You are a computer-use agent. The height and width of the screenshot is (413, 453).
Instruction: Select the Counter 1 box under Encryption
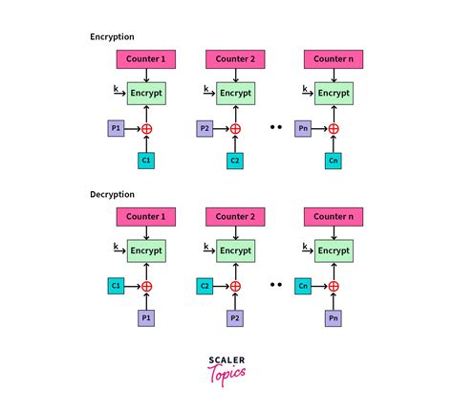pos(146,59)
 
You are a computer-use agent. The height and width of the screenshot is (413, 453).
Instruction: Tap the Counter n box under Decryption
pos(333,217)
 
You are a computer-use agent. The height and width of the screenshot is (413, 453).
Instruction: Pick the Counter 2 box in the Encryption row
pos(234,59)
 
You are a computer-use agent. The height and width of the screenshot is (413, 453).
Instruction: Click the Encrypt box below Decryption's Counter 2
pos(234,250)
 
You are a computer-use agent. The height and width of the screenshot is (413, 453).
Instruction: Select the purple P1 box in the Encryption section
pos(115,127)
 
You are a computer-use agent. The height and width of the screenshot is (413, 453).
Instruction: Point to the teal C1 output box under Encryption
pos(146,160)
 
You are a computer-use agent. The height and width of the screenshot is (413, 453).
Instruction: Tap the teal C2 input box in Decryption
pos(205,285)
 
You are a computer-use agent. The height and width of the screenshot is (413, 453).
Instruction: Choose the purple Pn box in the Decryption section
pos(333,317)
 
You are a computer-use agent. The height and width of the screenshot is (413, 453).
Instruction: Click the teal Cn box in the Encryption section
pos(333,160)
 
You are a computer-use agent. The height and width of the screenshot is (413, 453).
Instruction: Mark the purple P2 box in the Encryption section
pos(205,127)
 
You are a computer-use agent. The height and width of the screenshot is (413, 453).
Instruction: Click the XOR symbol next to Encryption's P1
pos(146,128)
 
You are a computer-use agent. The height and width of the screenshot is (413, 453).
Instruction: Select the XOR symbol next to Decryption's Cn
pos(333,286)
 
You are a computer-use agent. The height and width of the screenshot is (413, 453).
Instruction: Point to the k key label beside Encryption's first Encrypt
pos(117,87)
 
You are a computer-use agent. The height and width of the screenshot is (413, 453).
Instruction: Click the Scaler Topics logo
pos(226,366)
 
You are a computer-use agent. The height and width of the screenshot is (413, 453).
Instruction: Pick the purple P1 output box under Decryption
pos(146,317)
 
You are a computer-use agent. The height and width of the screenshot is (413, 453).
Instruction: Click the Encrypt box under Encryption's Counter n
pos(333,93)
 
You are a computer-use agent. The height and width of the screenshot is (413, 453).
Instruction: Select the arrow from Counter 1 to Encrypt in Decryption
pos(146,232)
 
